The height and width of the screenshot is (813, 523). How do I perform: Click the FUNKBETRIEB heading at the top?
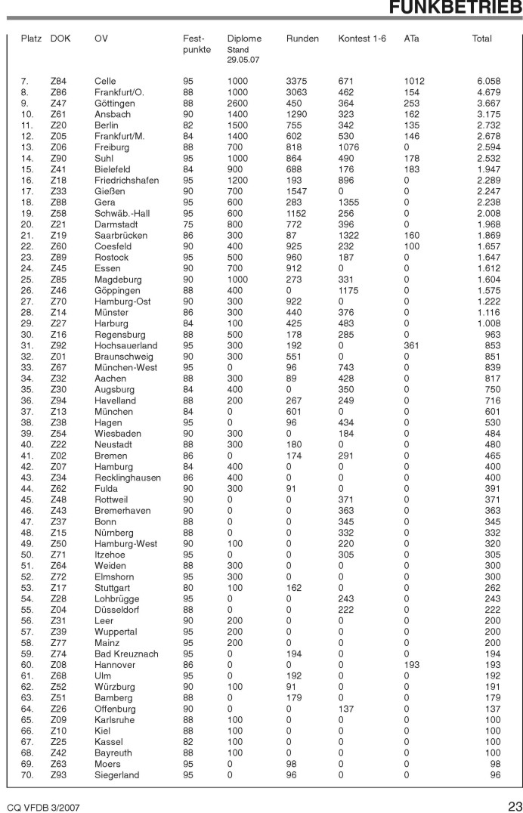pos(456,8)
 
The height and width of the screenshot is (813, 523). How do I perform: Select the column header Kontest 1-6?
pos(362,39)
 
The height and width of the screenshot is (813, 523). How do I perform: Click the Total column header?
pos(481,39)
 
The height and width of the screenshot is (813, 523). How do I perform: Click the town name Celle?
pos(105,81)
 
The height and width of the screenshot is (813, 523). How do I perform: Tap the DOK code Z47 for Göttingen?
pos(58,103)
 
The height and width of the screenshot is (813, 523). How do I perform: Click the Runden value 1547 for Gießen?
pos(298,191)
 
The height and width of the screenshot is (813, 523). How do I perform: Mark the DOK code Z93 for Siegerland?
pos(58,775)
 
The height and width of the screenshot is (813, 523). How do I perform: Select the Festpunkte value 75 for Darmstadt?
pos(188,224)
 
